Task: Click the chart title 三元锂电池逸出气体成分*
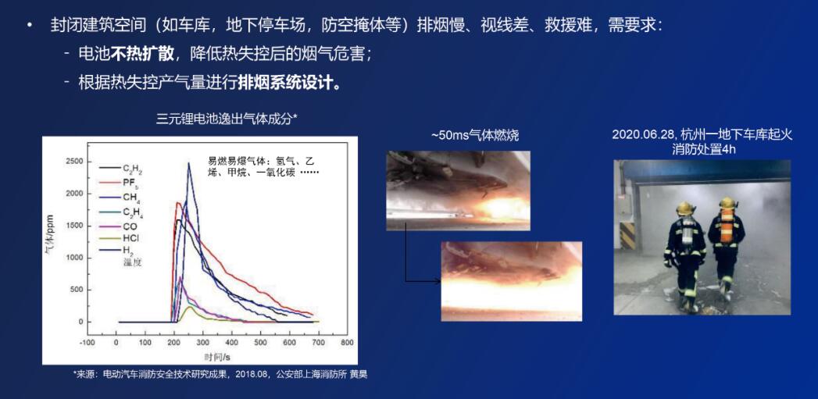227,119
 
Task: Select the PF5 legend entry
130,183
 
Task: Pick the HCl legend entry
130,238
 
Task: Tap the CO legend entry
130,226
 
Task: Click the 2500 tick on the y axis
73,162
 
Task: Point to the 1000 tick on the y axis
73,258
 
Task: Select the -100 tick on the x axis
87,342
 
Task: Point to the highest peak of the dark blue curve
189,163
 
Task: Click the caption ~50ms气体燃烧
475,135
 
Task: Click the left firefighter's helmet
686,208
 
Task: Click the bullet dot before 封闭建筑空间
30,25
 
